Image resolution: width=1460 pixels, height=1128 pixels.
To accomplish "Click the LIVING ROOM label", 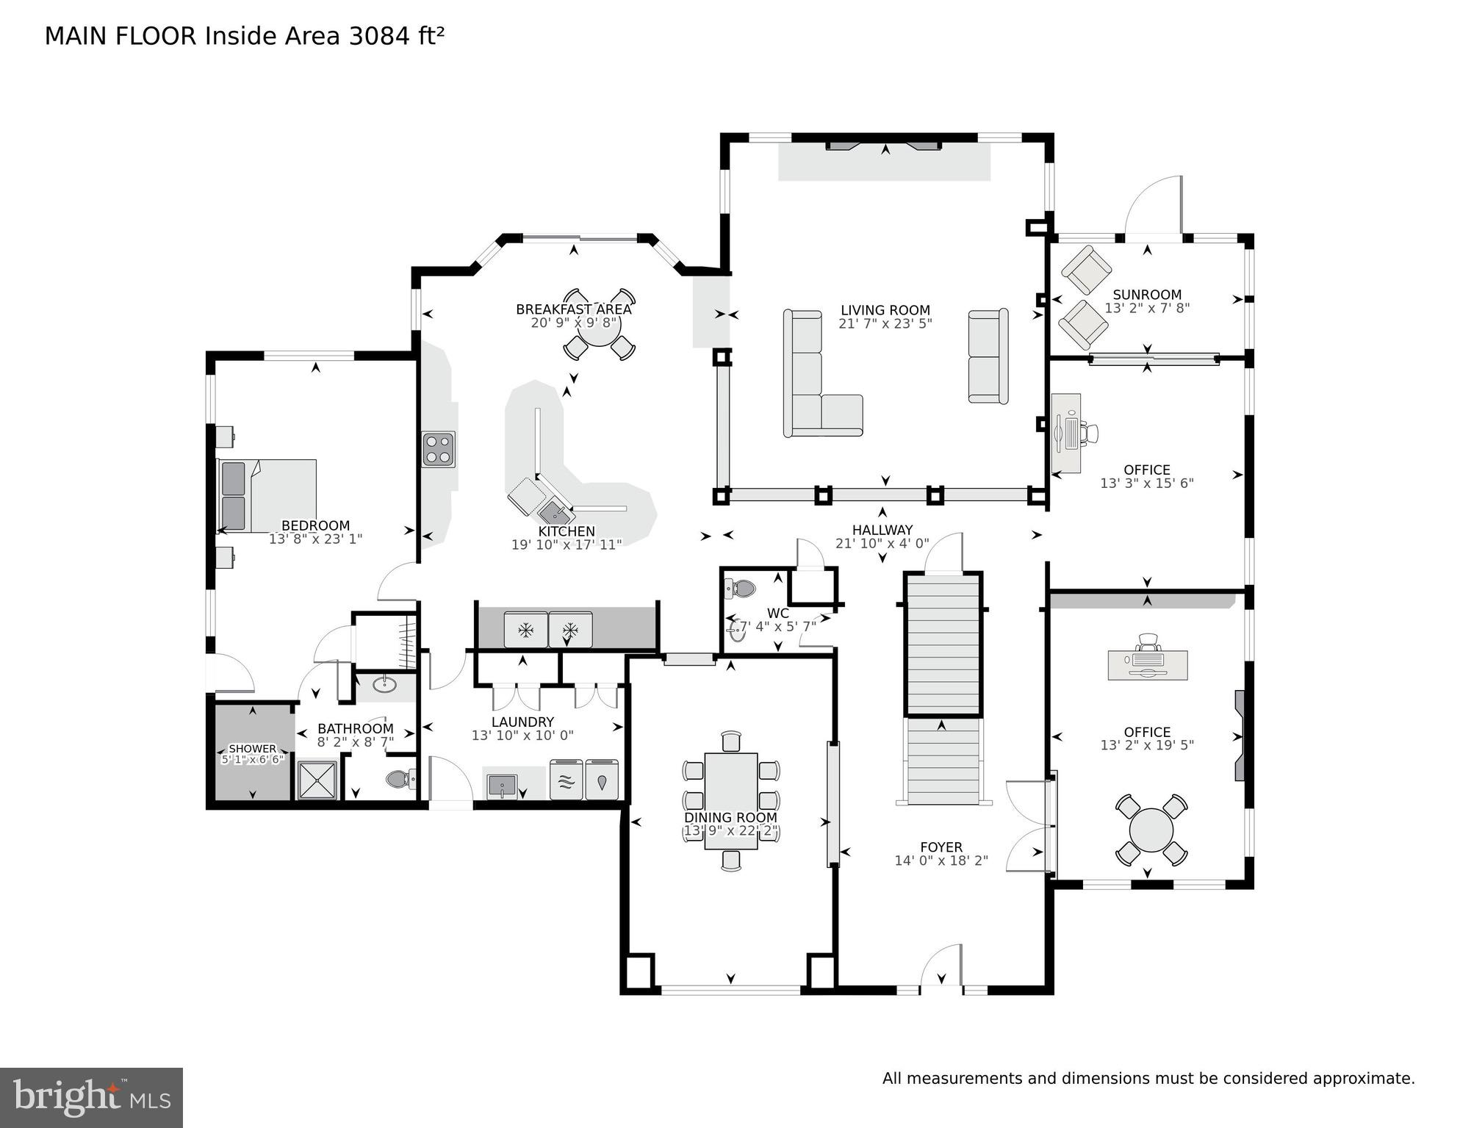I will pos(885,310).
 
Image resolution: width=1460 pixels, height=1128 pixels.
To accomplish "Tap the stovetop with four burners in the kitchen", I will pos(438,449).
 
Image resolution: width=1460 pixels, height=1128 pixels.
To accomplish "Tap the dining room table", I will pos(730,800).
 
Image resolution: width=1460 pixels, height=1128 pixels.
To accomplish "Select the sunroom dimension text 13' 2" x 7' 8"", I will pos(1146,309).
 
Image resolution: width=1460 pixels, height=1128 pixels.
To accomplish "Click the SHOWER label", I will pos(252,748).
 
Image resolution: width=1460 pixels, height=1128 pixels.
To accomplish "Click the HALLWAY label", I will pos(882,530).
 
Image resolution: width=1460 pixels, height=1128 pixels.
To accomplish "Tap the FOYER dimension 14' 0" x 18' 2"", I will pos(941,861).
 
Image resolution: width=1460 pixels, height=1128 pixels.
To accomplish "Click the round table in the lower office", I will pos(1151,829).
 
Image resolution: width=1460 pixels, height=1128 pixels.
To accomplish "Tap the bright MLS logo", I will pos(91,1097).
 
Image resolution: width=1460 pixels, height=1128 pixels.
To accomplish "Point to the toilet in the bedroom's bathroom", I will pos(400,778).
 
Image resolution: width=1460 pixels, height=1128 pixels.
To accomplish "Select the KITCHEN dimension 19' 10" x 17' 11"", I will pos(566,545).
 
